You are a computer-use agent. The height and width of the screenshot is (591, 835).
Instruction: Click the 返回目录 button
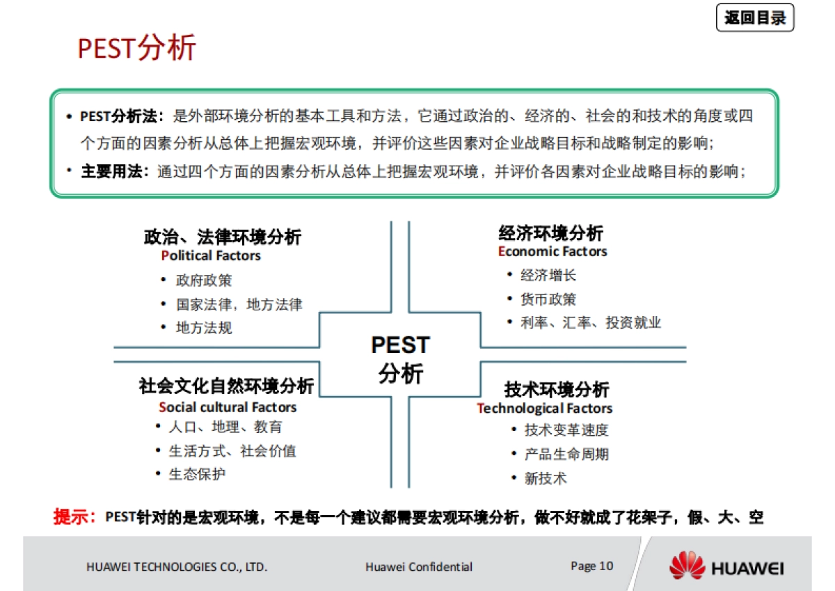pyautogui.click(x=755, y=19)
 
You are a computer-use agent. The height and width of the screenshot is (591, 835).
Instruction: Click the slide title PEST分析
pyautogui.click(x=136, y=48)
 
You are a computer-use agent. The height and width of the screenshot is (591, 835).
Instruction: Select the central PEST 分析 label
pyautogui.click(x=400, y=359)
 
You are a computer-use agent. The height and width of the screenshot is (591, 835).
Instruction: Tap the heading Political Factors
pyautogui.click(x=211, y=255)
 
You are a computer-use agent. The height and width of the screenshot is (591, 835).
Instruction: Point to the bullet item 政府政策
pyautogui.click(x=204, y=281)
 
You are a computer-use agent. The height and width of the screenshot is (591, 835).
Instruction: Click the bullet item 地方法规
pyautogui.click(x=204, y=327)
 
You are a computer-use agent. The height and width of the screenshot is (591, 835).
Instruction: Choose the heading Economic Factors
pyautogui.click(x=552, y=251)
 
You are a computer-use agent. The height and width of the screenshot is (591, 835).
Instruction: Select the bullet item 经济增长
pyautogui.click(x=548, y=276)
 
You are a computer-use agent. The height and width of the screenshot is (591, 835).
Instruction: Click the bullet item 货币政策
pyautogui.click(x=548, y=299)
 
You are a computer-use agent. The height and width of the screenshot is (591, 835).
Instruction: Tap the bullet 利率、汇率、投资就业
pyautogui.click(x=591, y=323)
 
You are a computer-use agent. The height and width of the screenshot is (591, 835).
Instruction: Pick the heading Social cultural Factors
pyautogui.click(x=228, y=407)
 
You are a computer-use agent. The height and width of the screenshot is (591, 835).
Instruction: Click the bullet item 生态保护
pyautogui.click(x=197, y=474)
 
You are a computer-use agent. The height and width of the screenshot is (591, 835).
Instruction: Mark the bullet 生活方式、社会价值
pyautogui.click(x=232, y=451)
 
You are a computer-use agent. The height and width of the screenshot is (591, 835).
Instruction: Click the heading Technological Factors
pyautogui.click(x=545, y=408)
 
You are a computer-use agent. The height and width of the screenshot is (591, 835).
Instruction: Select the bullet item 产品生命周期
pyautogui.click(x=566, y=455)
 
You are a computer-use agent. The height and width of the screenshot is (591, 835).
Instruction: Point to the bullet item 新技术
pyautogui.click(x=546, y=478)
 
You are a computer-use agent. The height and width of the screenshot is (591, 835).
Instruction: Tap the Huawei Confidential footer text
pyautogui.click(x=419, y=567)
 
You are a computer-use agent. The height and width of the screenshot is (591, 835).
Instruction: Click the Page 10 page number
pyautogui.click(x=591, y=565)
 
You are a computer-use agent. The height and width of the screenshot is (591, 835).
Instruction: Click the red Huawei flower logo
pyautogui.click(x=687, y=565)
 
